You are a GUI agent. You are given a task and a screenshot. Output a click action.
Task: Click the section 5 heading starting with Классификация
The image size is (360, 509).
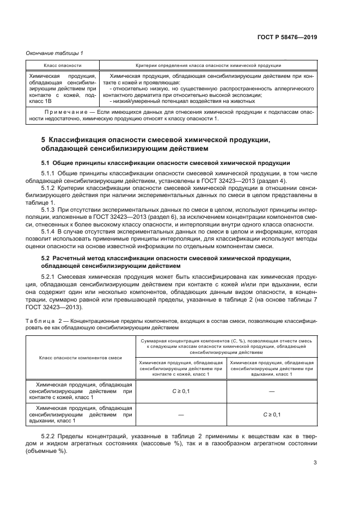tap(155, 140)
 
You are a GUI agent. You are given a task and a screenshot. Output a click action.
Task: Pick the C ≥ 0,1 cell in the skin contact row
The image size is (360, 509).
tap(180, 391)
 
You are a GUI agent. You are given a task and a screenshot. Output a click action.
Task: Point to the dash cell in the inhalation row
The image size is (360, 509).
tap(180, 414)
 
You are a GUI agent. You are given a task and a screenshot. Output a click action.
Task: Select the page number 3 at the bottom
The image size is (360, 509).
tap(315, 463)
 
